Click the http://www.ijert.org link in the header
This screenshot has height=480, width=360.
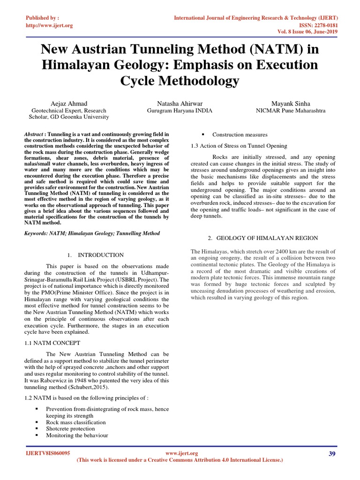click(49, 25)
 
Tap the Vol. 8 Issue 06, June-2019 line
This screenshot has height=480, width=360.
click(305, 33)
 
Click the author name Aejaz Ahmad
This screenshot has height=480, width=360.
click(69, 103)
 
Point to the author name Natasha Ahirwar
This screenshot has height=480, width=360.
click(180, 103)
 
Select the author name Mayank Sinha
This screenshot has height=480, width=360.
click(290, 103)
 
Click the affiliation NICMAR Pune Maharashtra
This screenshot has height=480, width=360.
click(290, 111)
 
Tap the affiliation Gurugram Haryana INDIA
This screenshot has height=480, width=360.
click(180, 111)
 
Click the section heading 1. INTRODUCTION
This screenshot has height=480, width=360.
click(96, 255)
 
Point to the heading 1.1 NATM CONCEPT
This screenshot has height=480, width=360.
click(52, 343)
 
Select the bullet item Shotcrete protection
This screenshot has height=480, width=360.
click(70, 428)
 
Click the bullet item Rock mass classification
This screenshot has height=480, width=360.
click(75, 422)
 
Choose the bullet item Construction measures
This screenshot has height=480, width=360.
click(240, 135)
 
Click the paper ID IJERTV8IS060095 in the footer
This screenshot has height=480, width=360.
click(47, 453)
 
